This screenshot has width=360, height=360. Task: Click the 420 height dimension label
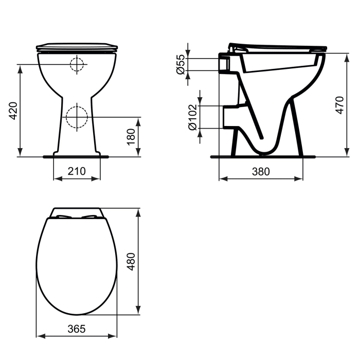tap(13, 110)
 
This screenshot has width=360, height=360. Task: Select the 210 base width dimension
tap(77, 171)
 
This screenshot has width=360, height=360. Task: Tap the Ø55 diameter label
tap(181, 65)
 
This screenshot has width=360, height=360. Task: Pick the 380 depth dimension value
tap(261, 172)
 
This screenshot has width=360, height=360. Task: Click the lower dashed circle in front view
tap(77, 116)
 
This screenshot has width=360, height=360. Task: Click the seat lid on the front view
tap(77, 47)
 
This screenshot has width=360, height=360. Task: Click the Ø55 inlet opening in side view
tap(224, 64)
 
